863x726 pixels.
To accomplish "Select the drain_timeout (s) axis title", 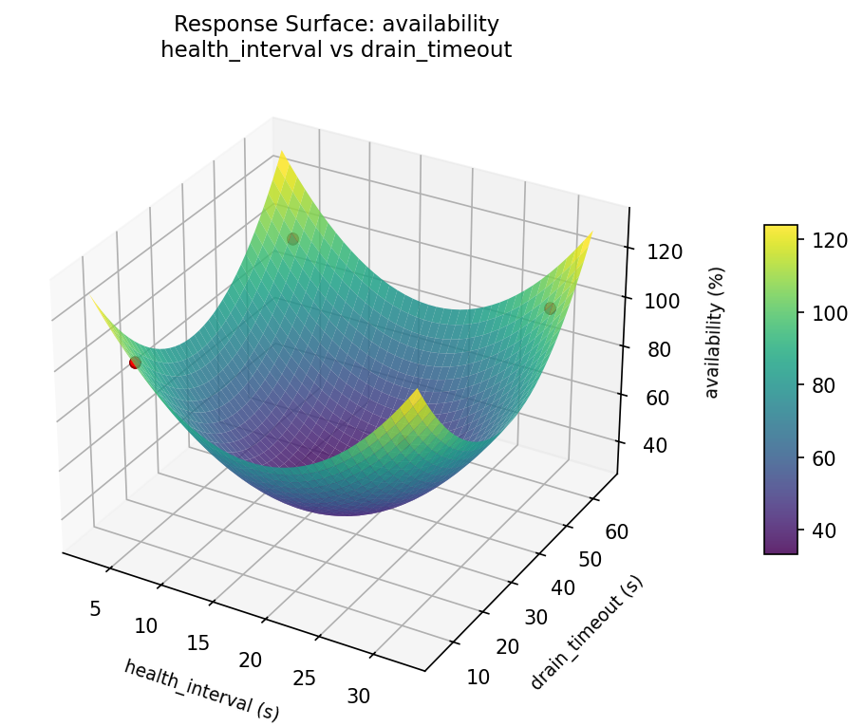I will pos(587,633).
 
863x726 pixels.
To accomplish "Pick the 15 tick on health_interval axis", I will pos(197,643).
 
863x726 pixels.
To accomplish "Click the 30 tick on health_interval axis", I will pos(359,696).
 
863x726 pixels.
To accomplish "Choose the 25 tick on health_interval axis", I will pos(304,678).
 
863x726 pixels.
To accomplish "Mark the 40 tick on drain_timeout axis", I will pos(563,587).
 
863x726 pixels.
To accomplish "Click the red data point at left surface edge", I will pos(135,363).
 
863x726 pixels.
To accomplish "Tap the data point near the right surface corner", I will pos(550,308).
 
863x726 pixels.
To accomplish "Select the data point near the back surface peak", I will pos(292,239).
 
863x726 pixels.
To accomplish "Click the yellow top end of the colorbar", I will pos(780,230).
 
